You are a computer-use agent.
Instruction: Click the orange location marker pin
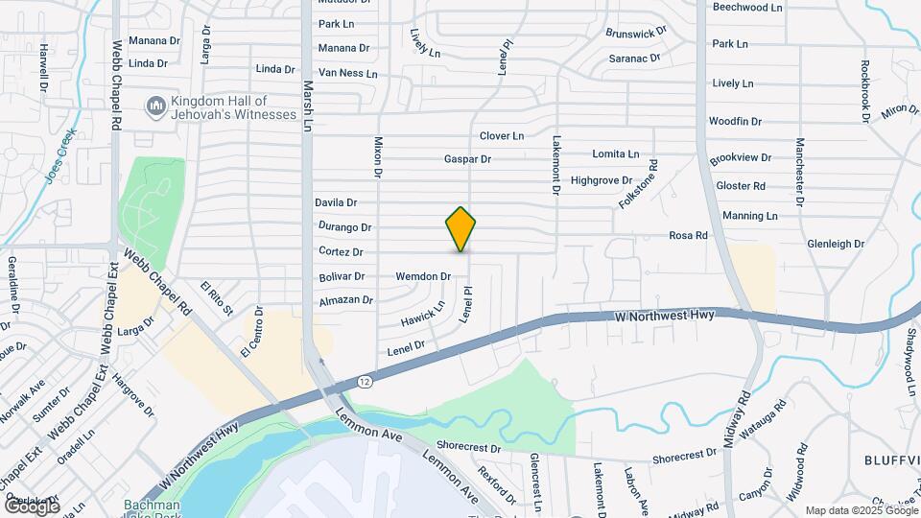461,229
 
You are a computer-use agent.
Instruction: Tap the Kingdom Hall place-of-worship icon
154,105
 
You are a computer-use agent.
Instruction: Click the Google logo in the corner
32,506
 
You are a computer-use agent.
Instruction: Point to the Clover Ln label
502,136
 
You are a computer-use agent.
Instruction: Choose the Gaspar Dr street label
467,159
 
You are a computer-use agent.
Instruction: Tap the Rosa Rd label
688,235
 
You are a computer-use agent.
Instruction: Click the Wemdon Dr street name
423,277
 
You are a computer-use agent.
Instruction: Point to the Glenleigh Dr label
836,245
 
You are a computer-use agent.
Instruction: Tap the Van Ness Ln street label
347,73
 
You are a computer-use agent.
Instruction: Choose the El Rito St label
217,296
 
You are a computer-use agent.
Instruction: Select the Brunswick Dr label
636,33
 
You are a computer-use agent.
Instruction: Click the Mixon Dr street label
377,155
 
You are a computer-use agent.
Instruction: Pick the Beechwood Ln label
747,7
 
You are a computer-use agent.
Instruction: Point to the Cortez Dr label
341,252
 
